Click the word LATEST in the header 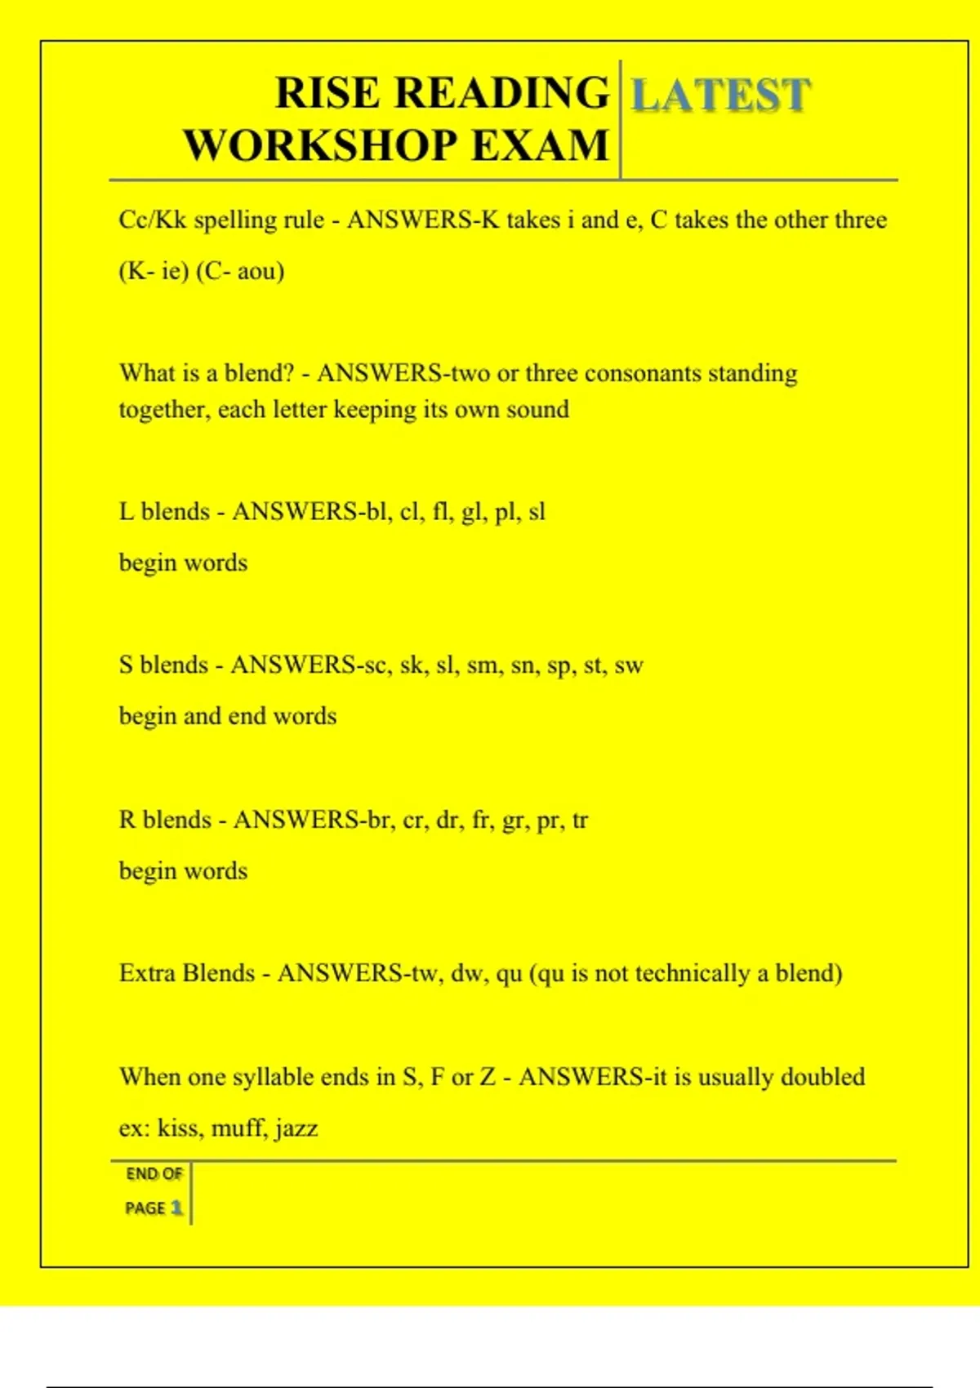720,96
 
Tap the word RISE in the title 327,93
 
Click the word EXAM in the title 541,146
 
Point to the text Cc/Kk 153,220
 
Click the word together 164,410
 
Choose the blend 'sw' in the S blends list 629,665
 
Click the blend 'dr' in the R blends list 448,820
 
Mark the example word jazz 296,1128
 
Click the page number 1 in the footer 176,1208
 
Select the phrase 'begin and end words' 228,716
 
